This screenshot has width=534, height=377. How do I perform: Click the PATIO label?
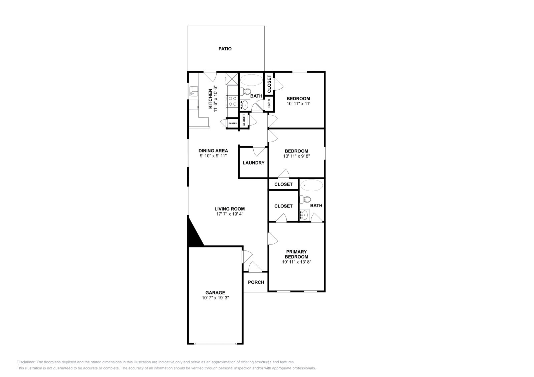pyautogui.click(x=225, y=49)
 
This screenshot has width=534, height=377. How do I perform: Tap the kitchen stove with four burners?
pyautogui.click(x=232, y=101)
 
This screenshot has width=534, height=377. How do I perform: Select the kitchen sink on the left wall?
pyautogui.click(x=194, y=91)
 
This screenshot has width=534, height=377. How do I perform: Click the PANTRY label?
pyautogui.click(x=233, y=124)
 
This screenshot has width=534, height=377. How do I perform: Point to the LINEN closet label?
pyautogui.click(x=269, y=104)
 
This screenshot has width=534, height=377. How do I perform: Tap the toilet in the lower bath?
pyautogui.click(x=305, y=199)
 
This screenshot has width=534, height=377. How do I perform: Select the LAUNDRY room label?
pyautogui.click(x=253, y=163)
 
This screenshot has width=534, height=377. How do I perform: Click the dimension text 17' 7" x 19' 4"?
pyautogui.click(x=230, y=214)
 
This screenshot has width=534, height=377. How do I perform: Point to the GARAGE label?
pyautogui.click(x=215, y=293)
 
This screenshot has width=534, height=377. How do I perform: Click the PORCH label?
pyautogui.click(x=256, y=282)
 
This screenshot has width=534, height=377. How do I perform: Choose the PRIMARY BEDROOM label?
pyautogui.click(x=296, y=254)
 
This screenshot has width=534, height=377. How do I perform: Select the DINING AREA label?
pyautogui.click(x=213, y=151)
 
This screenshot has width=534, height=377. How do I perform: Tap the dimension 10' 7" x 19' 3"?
pyautogui.click(x=215, y=298)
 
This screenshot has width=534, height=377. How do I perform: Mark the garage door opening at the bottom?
pyautogui.click(x=215, y=343)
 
